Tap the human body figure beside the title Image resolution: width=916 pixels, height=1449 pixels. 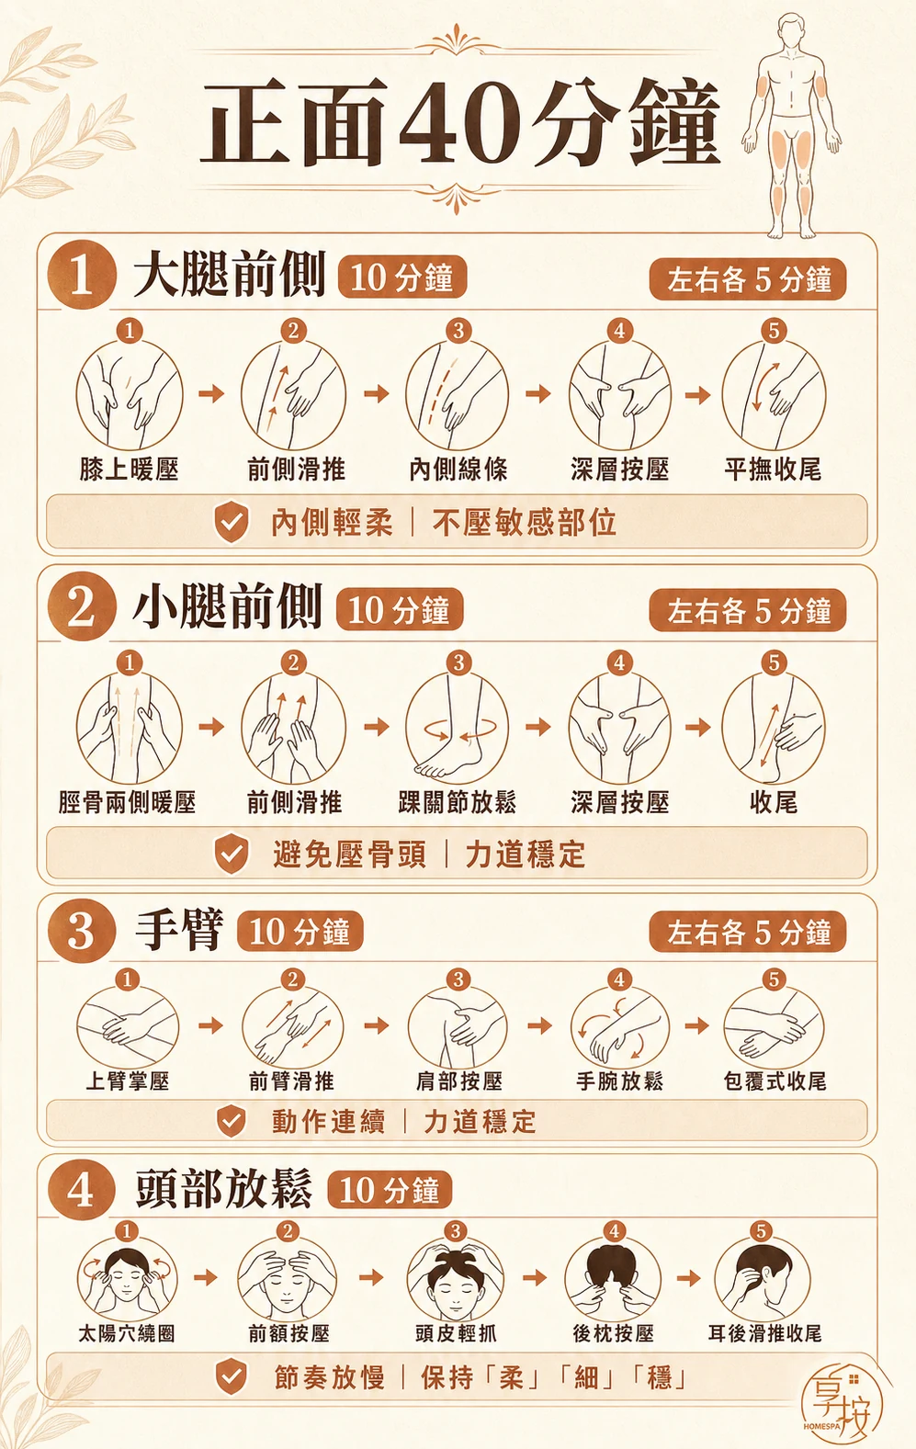(790, 126)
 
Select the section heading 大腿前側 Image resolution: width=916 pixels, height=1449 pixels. (229, 275)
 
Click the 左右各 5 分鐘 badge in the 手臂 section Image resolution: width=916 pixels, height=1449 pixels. (748, 932)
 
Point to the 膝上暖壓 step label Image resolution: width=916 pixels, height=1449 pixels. (129, 470)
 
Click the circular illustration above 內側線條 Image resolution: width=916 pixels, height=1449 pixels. (457, 394)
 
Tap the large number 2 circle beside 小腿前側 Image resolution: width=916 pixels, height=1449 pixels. (82, 607)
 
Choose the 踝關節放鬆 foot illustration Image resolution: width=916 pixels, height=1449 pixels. (457, 727)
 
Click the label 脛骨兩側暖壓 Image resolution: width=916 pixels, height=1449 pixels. (127, 803)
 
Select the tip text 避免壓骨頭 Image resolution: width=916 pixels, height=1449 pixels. (349, 855)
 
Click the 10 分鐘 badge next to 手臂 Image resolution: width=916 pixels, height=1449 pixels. (300, 932)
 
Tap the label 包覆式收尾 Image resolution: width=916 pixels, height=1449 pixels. (775, 1081)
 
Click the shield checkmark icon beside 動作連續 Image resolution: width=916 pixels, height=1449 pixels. (231, 1121)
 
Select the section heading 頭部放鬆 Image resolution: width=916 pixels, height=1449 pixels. (224, 1188)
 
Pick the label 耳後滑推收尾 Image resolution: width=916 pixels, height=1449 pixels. (764, 1333)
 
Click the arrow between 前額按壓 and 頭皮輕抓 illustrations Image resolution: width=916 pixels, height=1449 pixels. (371, 1277)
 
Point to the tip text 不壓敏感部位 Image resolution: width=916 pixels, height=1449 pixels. (524, 522)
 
